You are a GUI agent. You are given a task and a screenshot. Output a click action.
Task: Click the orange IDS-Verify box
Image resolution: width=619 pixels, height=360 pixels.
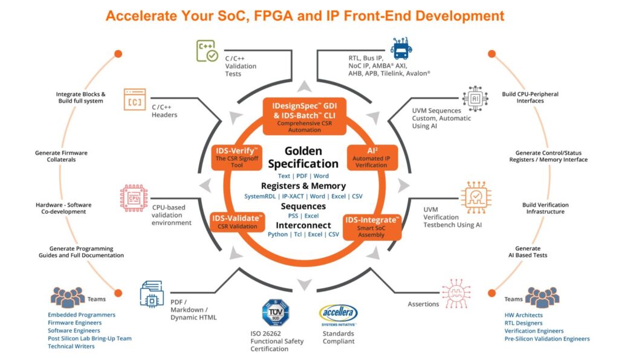click(237, 157)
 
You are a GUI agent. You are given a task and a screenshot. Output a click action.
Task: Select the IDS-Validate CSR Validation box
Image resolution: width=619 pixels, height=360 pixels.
click(237, 222)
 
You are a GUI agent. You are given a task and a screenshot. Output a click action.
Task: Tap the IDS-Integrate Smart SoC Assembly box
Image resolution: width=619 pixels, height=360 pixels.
click(372, 227)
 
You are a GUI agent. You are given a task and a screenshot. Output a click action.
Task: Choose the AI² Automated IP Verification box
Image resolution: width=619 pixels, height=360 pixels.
click(372, 157)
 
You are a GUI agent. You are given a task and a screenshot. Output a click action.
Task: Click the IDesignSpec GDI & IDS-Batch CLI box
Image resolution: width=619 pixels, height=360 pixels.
click(305, 117)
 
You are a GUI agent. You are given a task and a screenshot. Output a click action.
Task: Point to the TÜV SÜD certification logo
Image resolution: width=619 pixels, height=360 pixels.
click(276, 313)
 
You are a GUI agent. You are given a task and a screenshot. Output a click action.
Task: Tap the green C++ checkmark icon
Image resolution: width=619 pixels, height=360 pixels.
click(207, 51)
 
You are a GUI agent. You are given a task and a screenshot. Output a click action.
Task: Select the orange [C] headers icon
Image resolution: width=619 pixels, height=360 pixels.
click(135, 100)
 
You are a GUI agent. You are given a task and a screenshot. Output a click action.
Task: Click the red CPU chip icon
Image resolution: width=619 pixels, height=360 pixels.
click(134, 198)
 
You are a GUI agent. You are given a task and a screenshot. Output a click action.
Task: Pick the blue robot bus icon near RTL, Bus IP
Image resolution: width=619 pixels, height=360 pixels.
click(401, 48)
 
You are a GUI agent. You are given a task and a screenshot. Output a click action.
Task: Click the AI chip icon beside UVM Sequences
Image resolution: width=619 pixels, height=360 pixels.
click(475, 98)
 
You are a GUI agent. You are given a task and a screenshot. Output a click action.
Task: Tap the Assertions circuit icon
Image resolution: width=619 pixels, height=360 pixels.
click(456, 294)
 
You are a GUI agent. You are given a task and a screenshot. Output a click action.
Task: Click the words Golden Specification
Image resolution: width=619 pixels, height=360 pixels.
click(303, 157)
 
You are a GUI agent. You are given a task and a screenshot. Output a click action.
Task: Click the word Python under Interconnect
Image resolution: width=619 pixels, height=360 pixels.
click(277, 234)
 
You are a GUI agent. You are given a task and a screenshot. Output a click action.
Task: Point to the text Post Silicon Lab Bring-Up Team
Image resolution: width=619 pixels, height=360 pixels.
click(89, 338)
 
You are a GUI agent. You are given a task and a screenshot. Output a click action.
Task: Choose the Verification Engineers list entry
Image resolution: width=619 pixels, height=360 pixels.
click(534, 331)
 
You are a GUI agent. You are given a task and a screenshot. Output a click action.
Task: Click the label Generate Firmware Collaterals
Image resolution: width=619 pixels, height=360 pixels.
click(61, 156)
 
